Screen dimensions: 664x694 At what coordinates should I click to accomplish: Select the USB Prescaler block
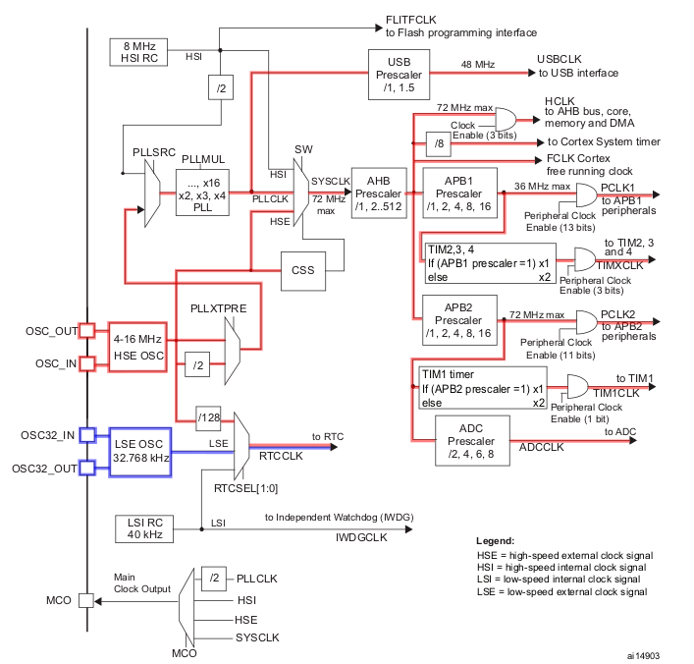(398, 71)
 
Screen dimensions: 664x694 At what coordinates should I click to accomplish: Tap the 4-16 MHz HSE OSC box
(139, 346)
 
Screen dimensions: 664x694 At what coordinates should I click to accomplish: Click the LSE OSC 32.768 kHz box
(139, 450)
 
